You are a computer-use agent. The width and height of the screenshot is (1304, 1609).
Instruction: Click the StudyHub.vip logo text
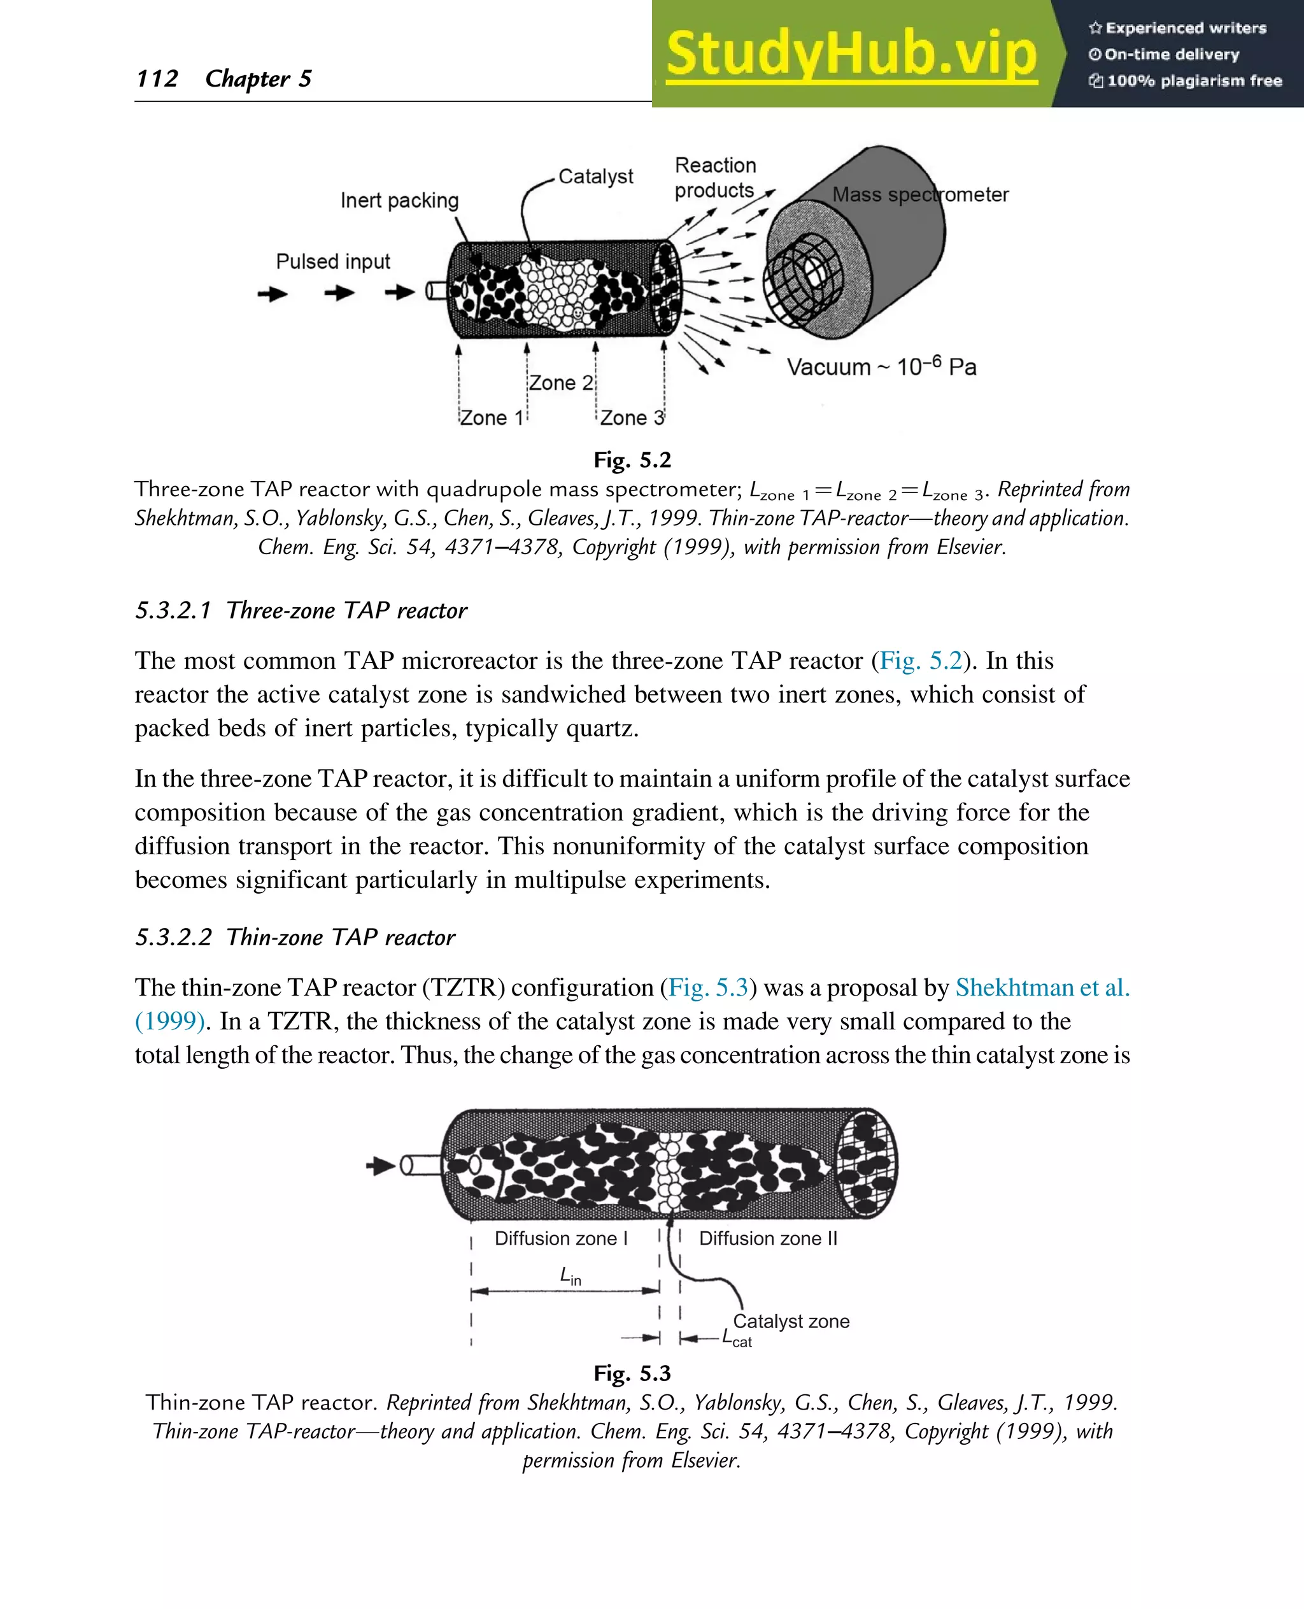pyautogui.click(x=851, y=54)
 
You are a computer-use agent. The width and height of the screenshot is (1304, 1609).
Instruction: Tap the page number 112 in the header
pyautogui.click(x=157, y=78)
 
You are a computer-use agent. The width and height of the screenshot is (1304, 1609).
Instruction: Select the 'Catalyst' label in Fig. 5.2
pyautogui.click(x=596, y=176)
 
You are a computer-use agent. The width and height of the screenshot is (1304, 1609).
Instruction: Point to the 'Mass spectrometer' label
pyautogui.click(x=919, y=195)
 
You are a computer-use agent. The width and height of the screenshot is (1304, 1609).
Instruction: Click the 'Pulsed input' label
pyautogui.click(x=333, y=262)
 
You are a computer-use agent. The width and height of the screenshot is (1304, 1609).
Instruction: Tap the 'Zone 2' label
pyautogui.click(x=560, y=383)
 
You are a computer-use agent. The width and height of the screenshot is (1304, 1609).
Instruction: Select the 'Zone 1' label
pyautogui.click(x=492, y=418)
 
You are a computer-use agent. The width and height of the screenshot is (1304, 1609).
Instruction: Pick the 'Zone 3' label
pyautogui.click(x=632, y=418)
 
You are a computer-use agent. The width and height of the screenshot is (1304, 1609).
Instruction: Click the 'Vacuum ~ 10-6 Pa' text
pyautogui.click(x=881, y=367)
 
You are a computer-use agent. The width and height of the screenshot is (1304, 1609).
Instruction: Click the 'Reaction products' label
pyautogui.click(x=714, y=178)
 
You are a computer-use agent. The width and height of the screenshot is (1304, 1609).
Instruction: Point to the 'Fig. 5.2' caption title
pyautogui.click(x=632, y=460)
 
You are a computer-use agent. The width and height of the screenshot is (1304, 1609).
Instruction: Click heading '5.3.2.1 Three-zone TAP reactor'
pyautogui.click(x=301, y=610)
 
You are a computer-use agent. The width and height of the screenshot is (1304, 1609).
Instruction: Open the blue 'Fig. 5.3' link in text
pyautogui.click(x=708, y=987)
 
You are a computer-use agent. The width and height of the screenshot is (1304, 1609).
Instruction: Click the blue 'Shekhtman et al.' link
pyautogui.click(x=1042, y=987)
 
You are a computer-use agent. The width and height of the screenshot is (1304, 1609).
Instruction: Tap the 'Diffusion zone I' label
pyautogui.click(x=560, y=1238)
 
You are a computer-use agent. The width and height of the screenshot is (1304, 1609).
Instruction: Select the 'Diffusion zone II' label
pyautogui.click(x=768, y=1238)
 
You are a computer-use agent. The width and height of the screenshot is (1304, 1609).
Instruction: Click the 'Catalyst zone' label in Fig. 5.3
pyautogui.click(x=791, y=1320)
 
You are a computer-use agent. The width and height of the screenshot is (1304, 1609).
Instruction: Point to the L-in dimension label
pyautogui.click(x=570, y=1275)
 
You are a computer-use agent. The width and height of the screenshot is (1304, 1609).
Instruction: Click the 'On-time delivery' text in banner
pyautogui.click(x=1171, y=54)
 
